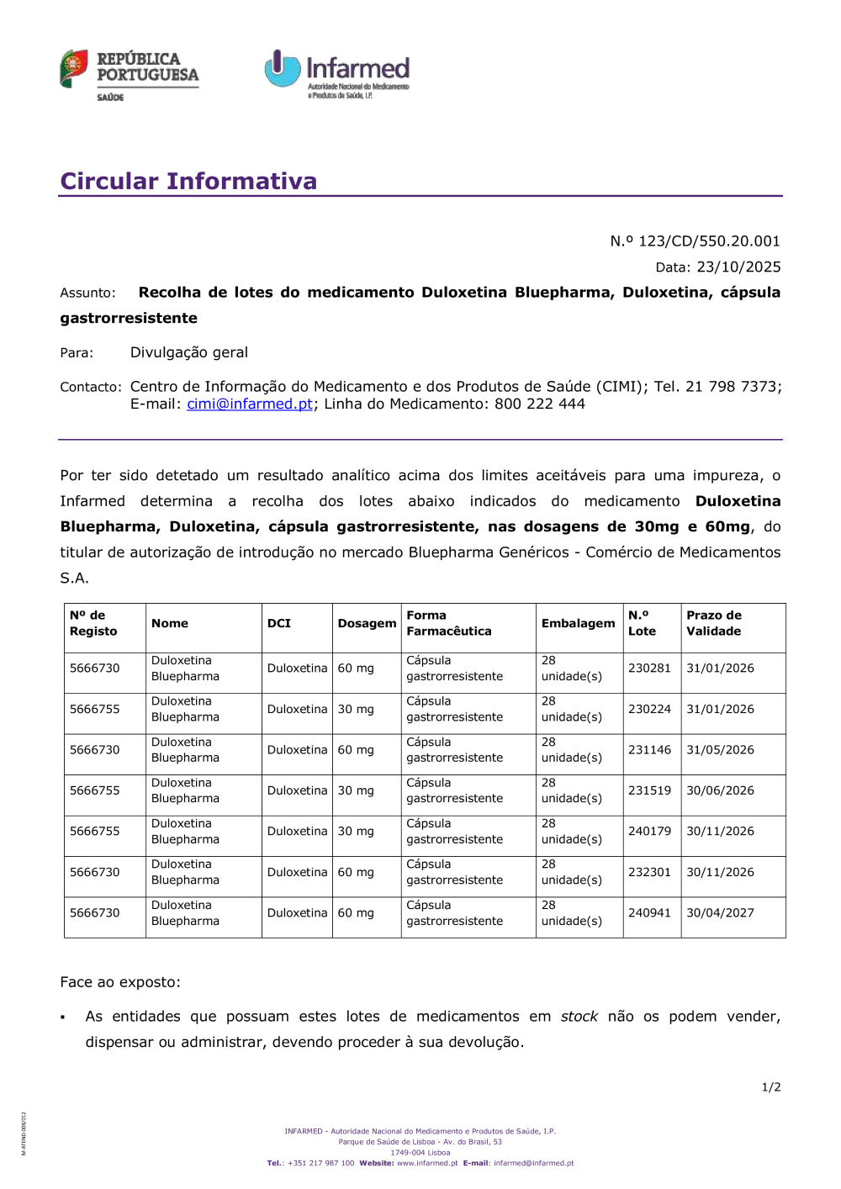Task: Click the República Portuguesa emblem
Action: (74, 68)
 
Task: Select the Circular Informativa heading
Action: (188, 181)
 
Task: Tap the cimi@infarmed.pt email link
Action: (250, 404)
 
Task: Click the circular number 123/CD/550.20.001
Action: (709, 241)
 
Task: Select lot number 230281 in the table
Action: (649, 668)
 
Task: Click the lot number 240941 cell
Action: (649, 913)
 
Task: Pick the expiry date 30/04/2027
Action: (720, 913)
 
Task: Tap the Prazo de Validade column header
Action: (714, 623)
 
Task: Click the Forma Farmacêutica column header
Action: (449, 623)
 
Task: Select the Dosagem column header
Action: (367, 623)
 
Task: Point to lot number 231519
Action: (649, 790)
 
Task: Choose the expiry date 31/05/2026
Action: (720, 750)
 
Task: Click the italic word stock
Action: (579, 1017)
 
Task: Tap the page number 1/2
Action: (771, 1087)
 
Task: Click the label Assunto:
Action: (87, 293)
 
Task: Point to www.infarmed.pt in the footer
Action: (427, 1164)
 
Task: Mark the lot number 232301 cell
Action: (649, 872)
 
